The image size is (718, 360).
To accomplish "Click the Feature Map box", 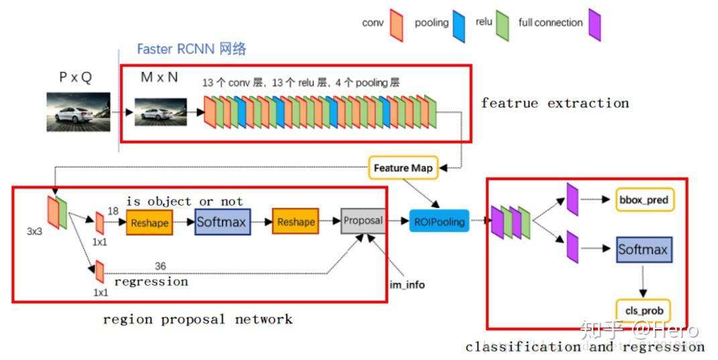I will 403,168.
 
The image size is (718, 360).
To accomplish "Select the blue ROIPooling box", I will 439,221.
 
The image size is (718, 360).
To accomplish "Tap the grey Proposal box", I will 363,221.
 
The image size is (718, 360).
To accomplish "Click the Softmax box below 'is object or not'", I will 223,221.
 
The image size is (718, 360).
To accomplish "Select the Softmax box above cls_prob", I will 643,250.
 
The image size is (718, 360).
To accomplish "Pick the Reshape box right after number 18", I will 149,223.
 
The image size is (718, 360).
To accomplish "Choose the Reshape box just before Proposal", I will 296,223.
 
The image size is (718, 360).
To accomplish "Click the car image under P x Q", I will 73,112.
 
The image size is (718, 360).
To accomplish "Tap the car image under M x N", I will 160,112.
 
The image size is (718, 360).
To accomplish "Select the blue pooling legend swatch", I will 459,25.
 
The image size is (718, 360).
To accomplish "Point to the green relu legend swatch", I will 503,25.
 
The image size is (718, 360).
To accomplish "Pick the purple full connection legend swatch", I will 594,25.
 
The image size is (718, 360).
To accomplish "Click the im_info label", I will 407,284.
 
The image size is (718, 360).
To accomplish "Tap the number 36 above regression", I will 160,266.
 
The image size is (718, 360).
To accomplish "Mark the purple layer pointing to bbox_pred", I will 572,199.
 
